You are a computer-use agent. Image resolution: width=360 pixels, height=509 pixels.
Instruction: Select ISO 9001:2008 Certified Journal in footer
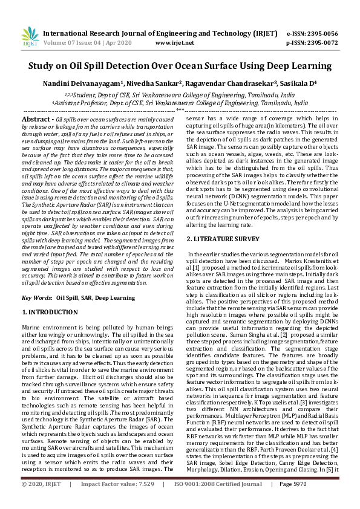pyautogui.click(x=222, y=502)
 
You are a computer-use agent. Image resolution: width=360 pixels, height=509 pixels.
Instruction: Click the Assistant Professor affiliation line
pyautogui.click(x=180, y=103)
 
